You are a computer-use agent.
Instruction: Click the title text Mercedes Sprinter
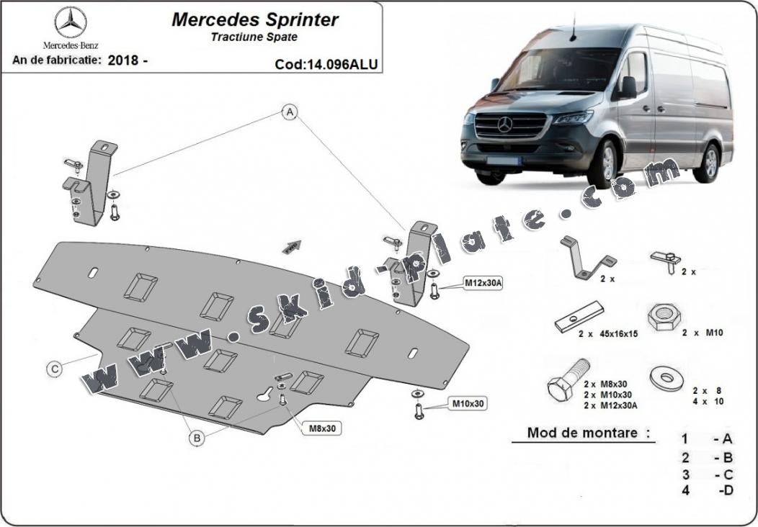pos(244,19)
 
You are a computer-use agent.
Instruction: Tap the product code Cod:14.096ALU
pos(326,64)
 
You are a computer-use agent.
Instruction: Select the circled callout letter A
pos(290,112)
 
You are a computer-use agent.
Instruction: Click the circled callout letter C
pos(54,369)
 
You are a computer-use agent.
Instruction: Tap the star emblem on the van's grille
pos(504,125)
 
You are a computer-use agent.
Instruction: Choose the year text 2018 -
pos(128,60)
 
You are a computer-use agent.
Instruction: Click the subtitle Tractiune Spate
pos(254,37)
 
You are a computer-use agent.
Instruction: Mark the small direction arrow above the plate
pos(291,246)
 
